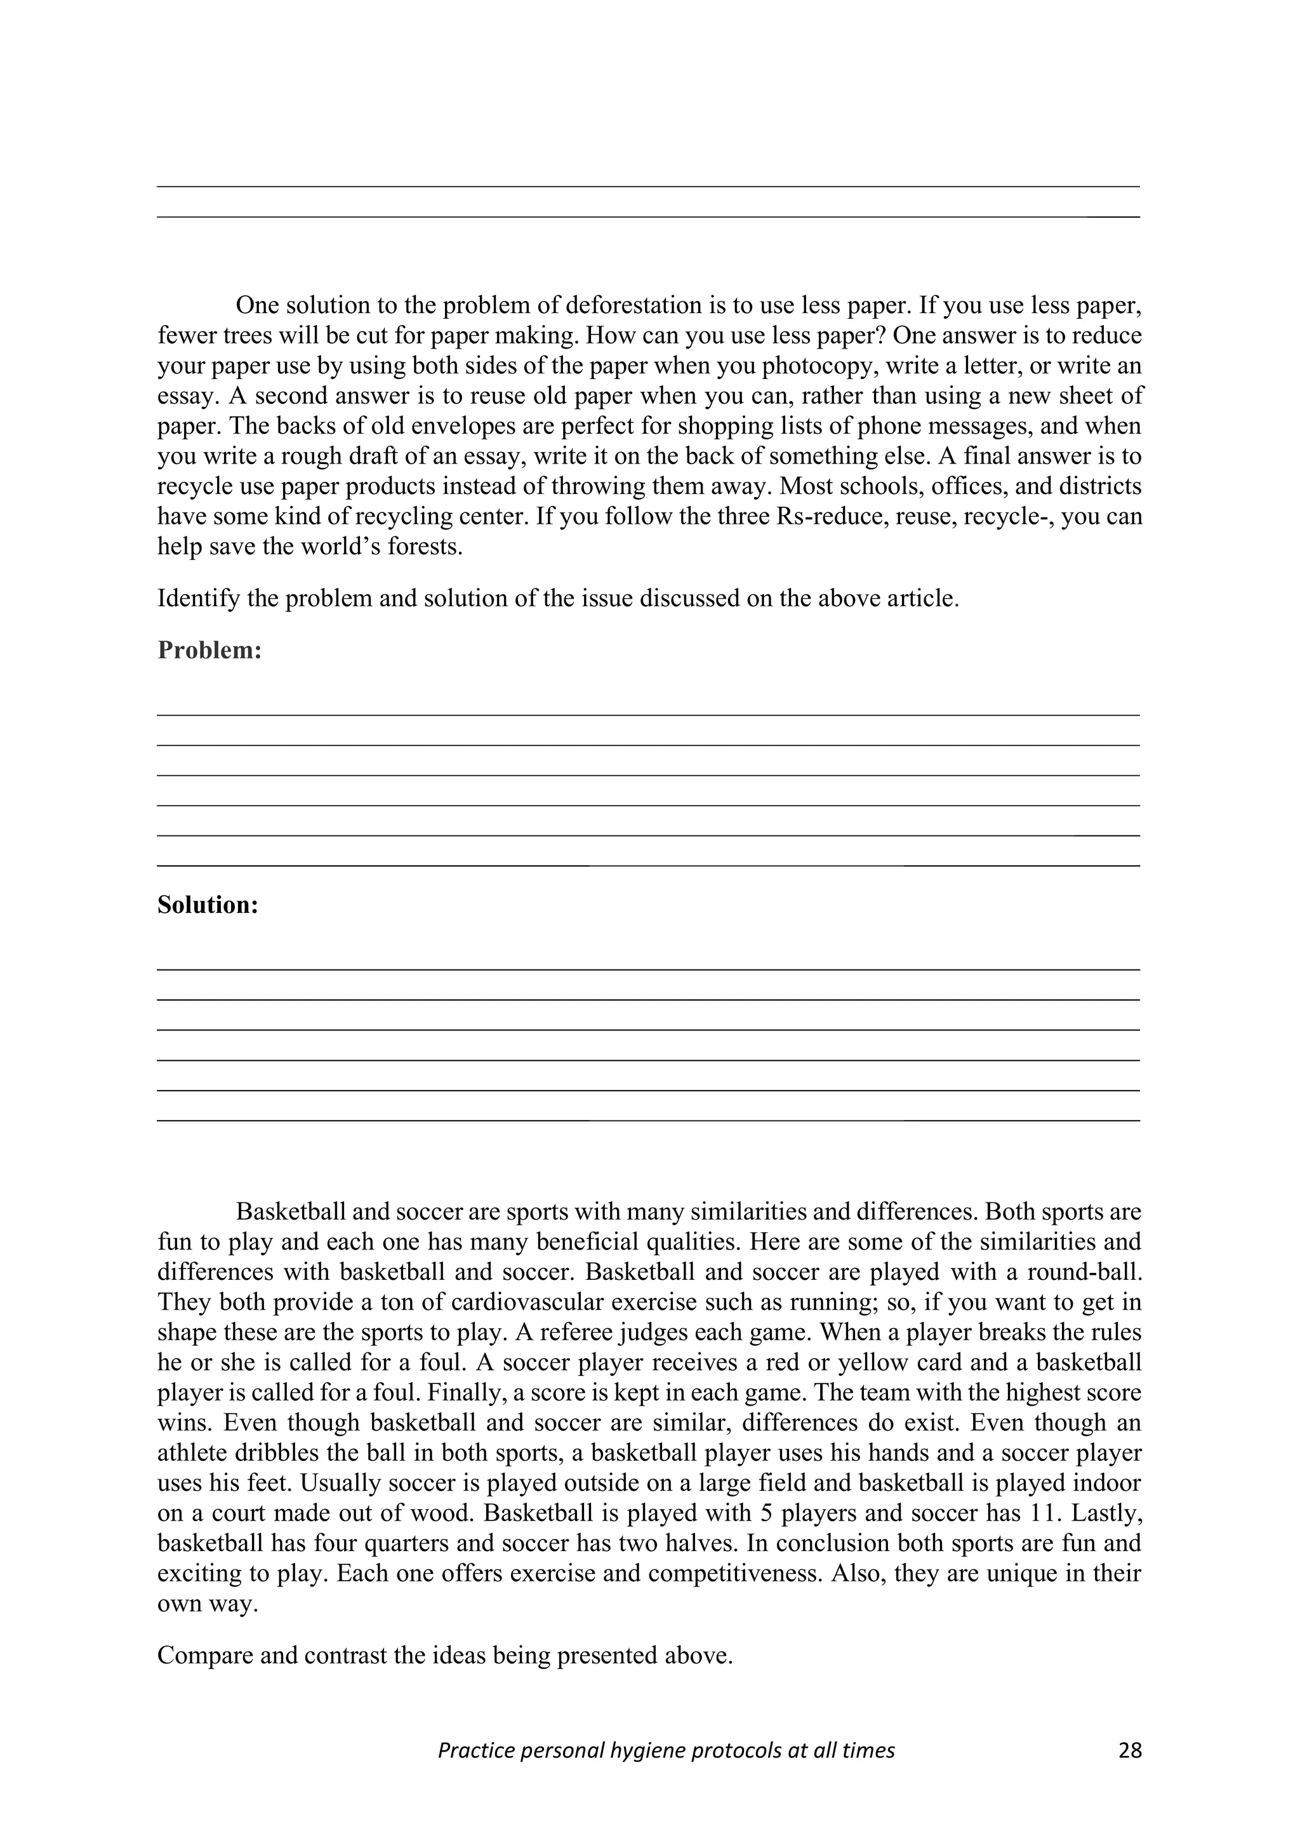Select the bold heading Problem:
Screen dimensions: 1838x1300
pos(209,650)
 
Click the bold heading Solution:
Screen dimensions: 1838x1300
pos(208,905)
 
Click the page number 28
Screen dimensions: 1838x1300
pos(1129,1751)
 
